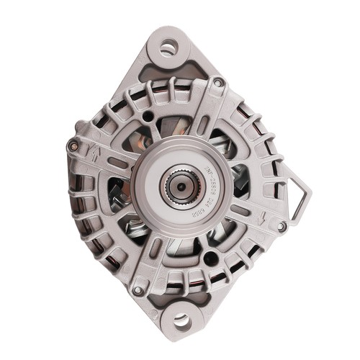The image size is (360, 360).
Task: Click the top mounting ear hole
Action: [168, 49]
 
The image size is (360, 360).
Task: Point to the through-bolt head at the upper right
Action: [217, 84]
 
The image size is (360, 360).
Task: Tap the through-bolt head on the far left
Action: [72, 146]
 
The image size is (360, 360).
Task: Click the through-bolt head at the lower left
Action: [138, 289]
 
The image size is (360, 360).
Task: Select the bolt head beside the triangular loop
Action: [282, 226]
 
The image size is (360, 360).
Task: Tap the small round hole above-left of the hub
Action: [148, 115]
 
